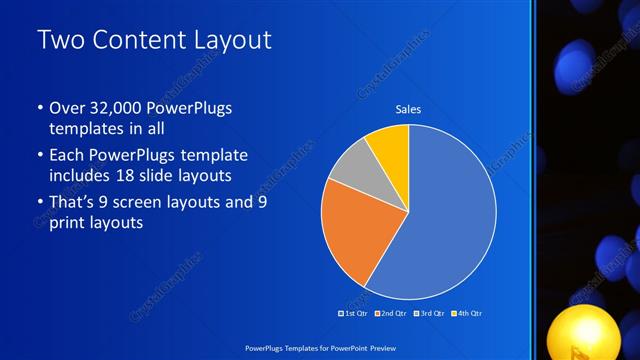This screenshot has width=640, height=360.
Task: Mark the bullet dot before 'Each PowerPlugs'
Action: pos(39,156)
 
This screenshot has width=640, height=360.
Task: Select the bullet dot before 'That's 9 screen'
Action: pos(39,203)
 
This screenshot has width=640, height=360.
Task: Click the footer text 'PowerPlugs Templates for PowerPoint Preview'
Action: pos(320,347)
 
